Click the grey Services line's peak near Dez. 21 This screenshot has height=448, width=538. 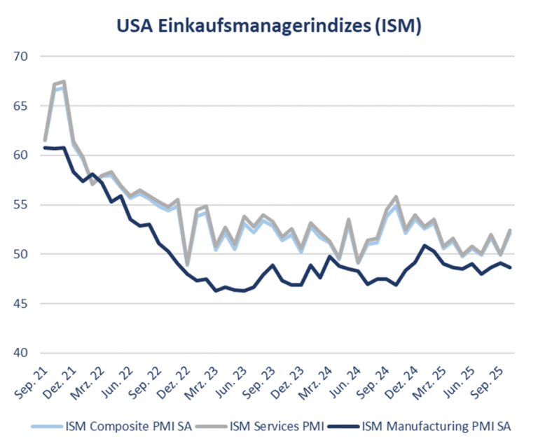64,82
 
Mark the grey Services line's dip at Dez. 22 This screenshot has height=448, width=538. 187,265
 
